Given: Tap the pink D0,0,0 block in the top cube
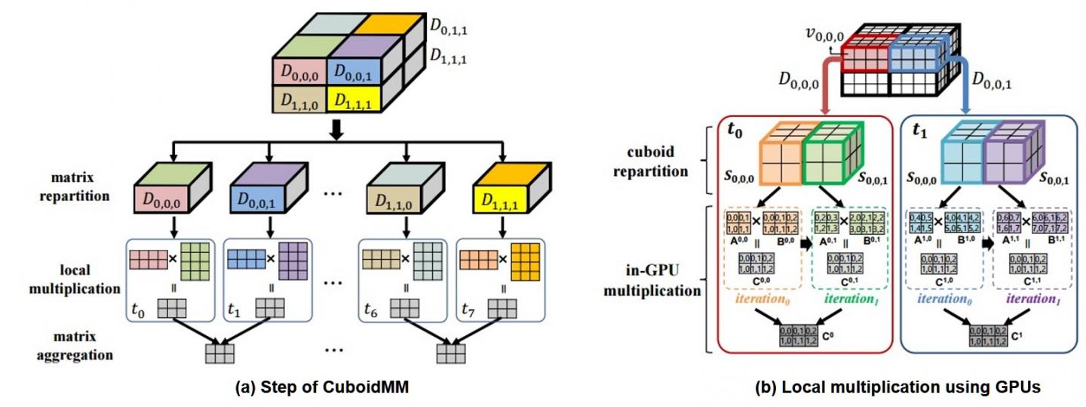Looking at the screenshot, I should tap(299, 73).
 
